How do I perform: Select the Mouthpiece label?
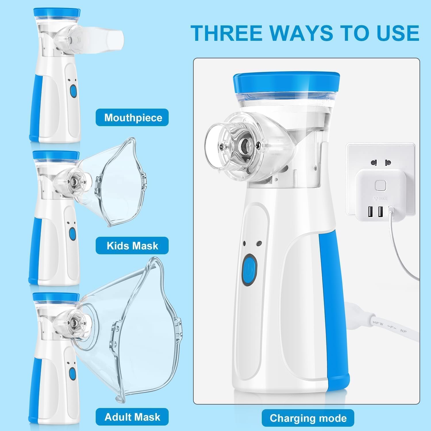coord(132,118)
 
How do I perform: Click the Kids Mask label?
coord(132,246)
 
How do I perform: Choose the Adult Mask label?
coord(132,417)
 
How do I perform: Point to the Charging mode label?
coord(308,418)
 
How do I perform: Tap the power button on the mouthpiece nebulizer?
coord(73,92)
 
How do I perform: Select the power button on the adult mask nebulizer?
coord(72,373)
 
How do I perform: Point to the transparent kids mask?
coord(121,184)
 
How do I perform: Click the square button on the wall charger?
coord(380,185)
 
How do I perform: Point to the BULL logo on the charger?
coord(381,198)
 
